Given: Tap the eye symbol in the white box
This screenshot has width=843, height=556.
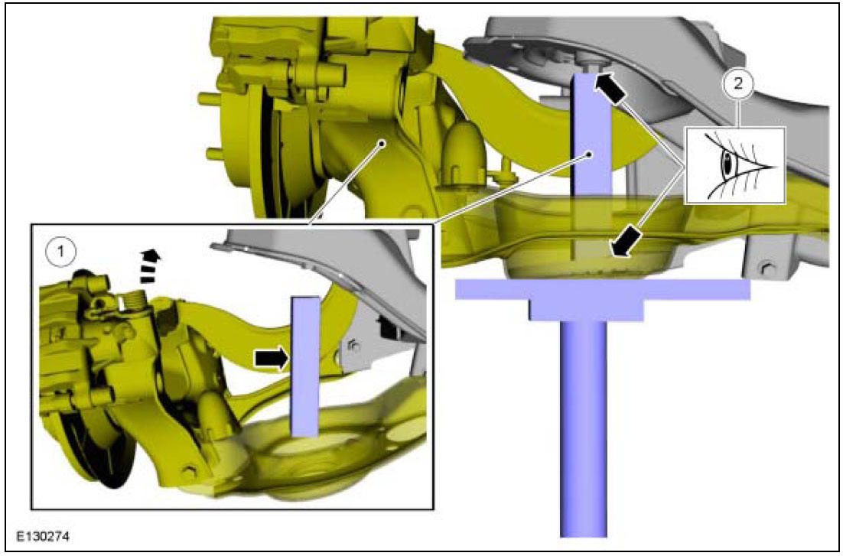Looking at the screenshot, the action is (x=735, y=166).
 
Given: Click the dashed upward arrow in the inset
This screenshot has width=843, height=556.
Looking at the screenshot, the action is (x=148, y=265).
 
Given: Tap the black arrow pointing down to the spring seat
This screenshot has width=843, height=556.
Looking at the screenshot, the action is (x=625, y=241).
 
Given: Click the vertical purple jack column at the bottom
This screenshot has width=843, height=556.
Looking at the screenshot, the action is (x=584, y=428).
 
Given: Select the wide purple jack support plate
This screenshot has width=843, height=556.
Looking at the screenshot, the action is (x=602, y=289).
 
